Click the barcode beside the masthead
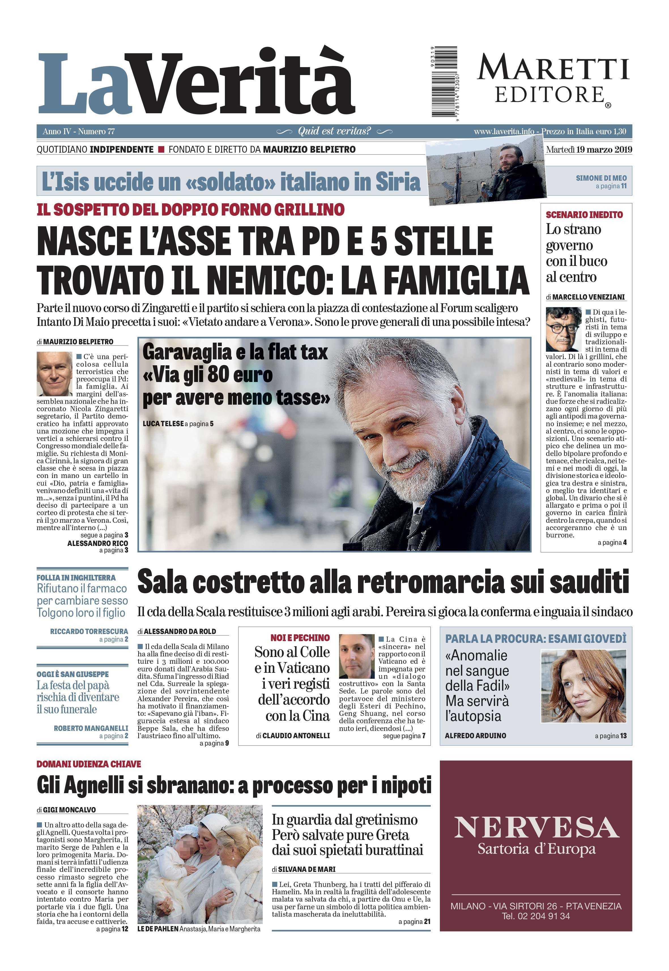tap(445, 82)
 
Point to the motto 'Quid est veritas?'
tap(334, 131)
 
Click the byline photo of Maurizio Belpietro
tap(54, 374)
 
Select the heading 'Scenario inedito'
tap(584, 215)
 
